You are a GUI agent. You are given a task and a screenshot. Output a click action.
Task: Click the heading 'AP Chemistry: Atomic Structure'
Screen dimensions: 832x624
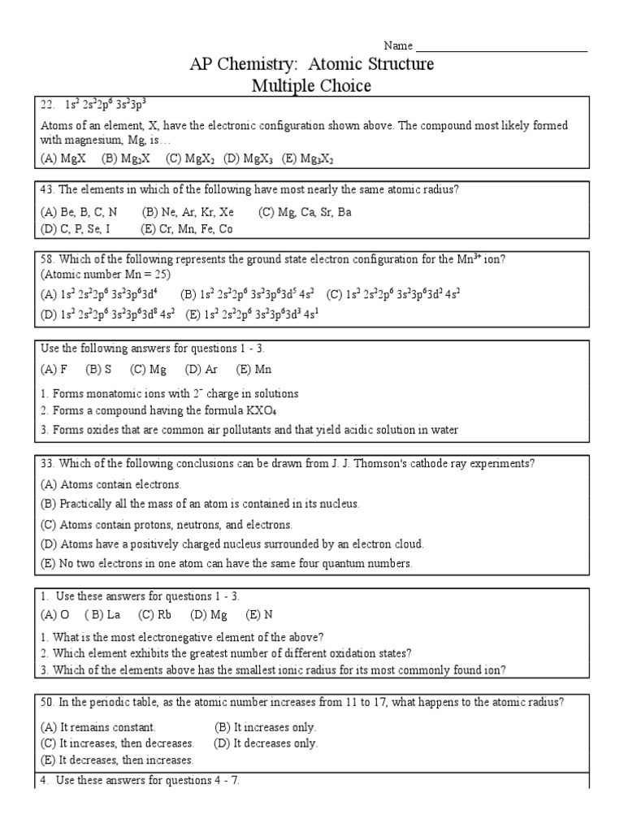[312, 64]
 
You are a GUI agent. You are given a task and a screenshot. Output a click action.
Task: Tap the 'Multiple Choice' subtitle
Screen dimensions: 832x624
[313, 86]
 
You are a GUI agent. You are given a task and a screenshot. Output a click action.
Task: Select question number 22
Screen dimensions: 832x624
[47, 104]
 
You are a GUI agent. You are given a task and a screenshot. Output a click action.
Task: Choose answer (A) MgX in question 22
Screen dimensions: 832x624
[59, 159]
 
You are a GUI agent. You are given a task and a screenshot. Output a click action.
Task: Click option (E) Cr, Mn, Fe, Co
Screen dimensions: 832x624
[187, 229]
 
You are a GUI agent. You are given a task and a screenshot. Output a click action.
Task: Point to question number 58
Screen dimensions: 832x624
[47, 260]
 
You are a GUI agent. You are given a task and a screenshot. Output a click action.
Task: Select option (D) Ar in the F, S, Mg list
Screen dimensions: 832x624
[200, 370]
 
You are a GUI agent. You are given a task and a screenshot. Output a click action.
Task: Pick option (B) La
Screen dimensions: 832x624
[102, 614]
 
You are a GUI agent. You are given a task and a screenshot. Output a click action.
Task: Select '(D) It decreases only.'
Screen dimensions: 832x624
[266, 743]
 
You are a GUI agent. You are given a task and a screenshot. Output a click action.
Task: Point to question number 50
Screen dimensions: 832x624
[47, 701]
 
